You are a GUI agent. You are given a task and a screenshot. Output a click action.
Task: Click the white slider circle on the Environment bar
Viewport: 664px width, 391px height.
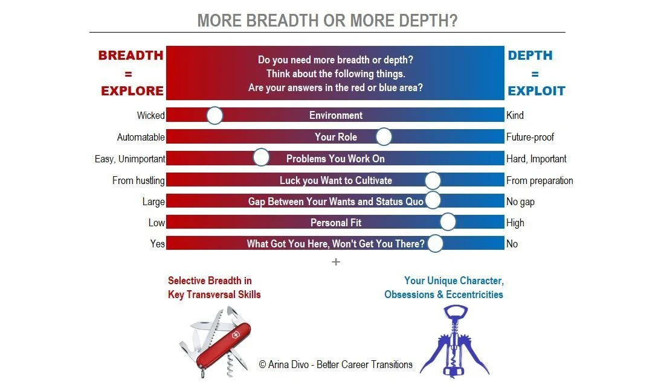214,115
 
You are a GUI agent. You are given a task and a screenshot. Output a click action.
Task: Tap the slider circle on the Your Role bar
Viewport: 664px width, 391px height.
384,137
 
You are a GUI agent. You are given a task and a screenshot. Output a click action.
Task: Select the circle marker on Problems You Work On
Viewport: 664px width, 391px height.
261,158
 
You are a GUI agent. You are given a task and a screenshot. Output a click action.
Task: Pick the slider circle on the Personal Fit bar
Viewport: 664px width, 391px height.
448,222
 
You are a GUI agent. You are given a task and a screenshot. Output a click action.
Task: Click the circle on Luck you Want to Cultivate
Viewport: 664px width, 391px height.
433,180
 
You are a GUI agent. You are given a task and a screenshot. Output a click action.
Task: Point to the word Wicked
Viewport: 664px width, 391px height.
150,115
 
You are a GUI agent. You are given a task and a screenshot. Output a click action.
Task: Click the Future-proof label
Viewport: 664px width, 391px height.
530,137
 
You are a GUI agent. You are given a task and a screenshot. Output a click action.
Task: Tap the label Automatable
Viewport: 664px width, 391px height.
141,137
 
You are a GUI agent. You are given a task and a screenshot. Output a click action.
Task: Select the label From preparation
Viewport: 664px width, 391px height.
540,180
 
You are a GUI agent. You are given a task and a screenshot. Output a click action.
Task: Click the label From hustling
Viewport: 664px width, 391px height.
138,180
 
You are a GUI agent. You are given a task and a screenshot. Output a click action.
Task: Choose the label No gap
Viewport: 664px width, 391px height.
520,202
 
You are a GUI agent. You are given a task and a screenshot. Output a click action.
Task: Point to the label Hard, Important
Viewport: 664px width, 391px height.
536,159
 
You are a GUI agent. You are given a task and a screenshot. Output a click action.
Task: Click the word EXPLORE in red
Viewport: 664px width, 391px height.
132,91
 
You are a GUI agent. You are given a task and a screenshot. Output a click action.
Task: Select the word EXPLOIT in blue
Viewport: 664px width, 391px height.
536,91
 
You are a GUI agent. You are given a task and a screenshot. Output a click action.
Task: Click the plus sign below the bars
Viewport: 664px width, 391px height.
336,262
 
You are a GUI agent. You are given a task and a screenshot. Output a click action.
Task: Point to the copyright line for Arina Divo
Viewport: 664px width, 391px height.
335,364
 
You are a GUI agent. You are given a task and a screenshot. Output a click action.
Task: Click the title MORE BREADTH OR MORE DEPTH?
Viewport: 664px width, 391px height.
327,21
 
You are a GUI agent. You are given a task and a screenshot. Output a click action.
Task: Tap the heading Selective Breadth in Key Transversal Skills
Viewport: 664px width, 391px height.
214,288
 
